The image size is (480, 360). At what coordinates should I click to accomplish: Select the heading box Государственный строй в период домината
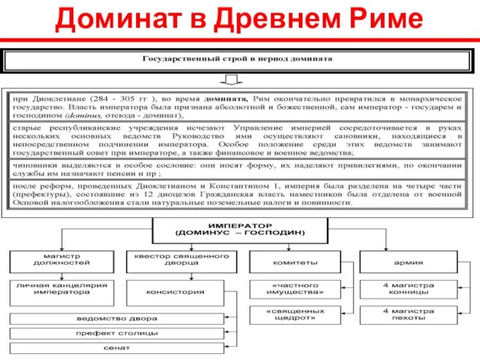237,60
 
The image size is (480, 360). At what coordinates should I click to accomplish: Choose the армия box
409,263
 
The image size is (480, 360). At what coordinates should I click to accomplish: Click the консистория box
179,292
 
